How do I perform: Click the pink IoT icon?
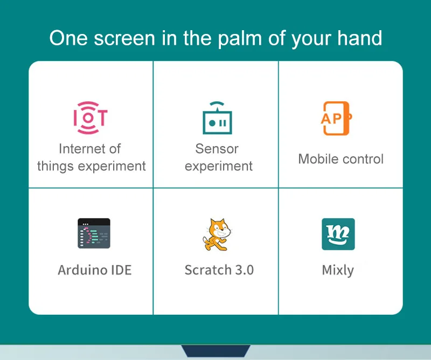pos(91,117)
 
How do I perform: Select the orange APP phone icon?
pos(335,118)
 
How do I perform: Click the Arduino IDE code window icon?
pos(94,233)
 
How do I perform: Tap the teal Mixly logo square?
pos(338,234)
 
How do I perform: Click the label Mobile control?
pos(340,159)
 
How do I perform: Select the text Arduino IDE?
pos(94,269)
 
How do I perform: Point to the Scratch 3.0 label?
pos(219,269)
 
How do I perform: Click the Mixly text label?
pos(338,270)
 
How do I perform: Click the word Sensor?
pos(217,149)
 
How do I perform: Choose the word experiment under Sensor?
pos(218,166)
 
